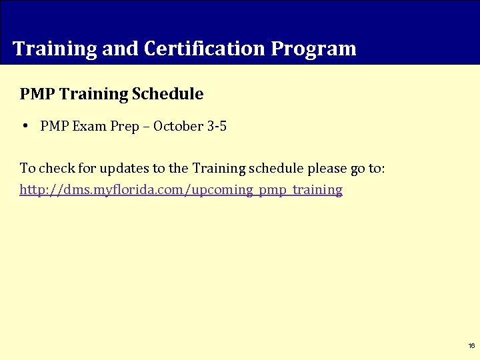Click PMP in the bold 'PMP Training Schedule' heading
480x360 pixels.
(37, 94)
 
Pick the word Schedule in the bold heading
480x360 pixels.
(168, 94)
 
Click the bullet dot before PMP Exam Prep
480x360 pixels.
(24, 126)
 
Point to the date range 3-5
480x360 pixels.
(217, 126)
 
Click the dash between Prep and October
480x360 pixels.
(146, 127)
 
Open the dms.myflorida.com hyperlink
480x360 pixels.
(181, 190)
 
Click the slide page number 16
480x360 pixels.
(471, 346)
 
